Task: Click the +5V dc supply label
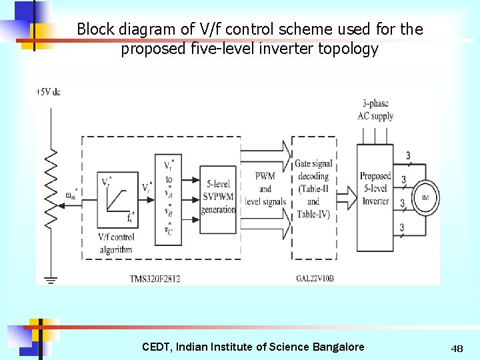pyautogui.click(x=48, y=91)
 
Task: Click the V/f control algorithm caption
pyautogui.click(x=116, y=243)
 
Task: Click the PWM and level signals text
pyautogui.click(x=265, y=189)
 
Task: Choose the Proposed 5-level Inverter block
pyautogui.click(x=375, y=189)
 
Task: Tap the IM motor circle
pyautogui.click(x=425, y=198)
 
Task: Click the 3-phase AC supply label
pyautogui.click(x=375, y=110)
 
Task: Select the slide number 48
pyautogui.click(x=457, y=349)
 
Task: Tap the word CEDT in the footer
pyautogui.click(x=156, y=347)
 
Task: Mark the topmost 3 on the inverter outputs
pyautogui.click(x=408, y=156)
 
